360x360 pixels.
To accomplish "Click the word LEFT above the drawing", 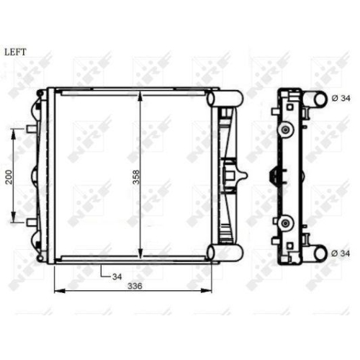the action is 15,52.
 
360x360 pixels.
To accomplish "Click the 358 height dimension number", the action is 136,177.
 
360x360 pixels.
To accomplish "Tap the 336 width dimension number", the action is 135,286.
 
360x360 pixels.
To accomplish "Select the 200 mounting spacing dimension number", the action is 9,177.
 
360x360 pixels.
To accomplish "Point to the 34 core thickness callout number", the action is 117,276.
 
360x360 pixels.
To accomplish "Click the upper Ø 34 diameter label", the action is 341,98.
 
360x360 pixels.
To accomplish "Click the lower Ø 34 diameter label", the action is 341,253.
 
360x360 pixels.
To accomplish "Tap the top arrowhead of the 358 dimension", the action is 140,96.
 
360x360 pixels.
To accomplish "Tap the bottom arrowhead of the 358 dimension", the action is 140,254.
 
